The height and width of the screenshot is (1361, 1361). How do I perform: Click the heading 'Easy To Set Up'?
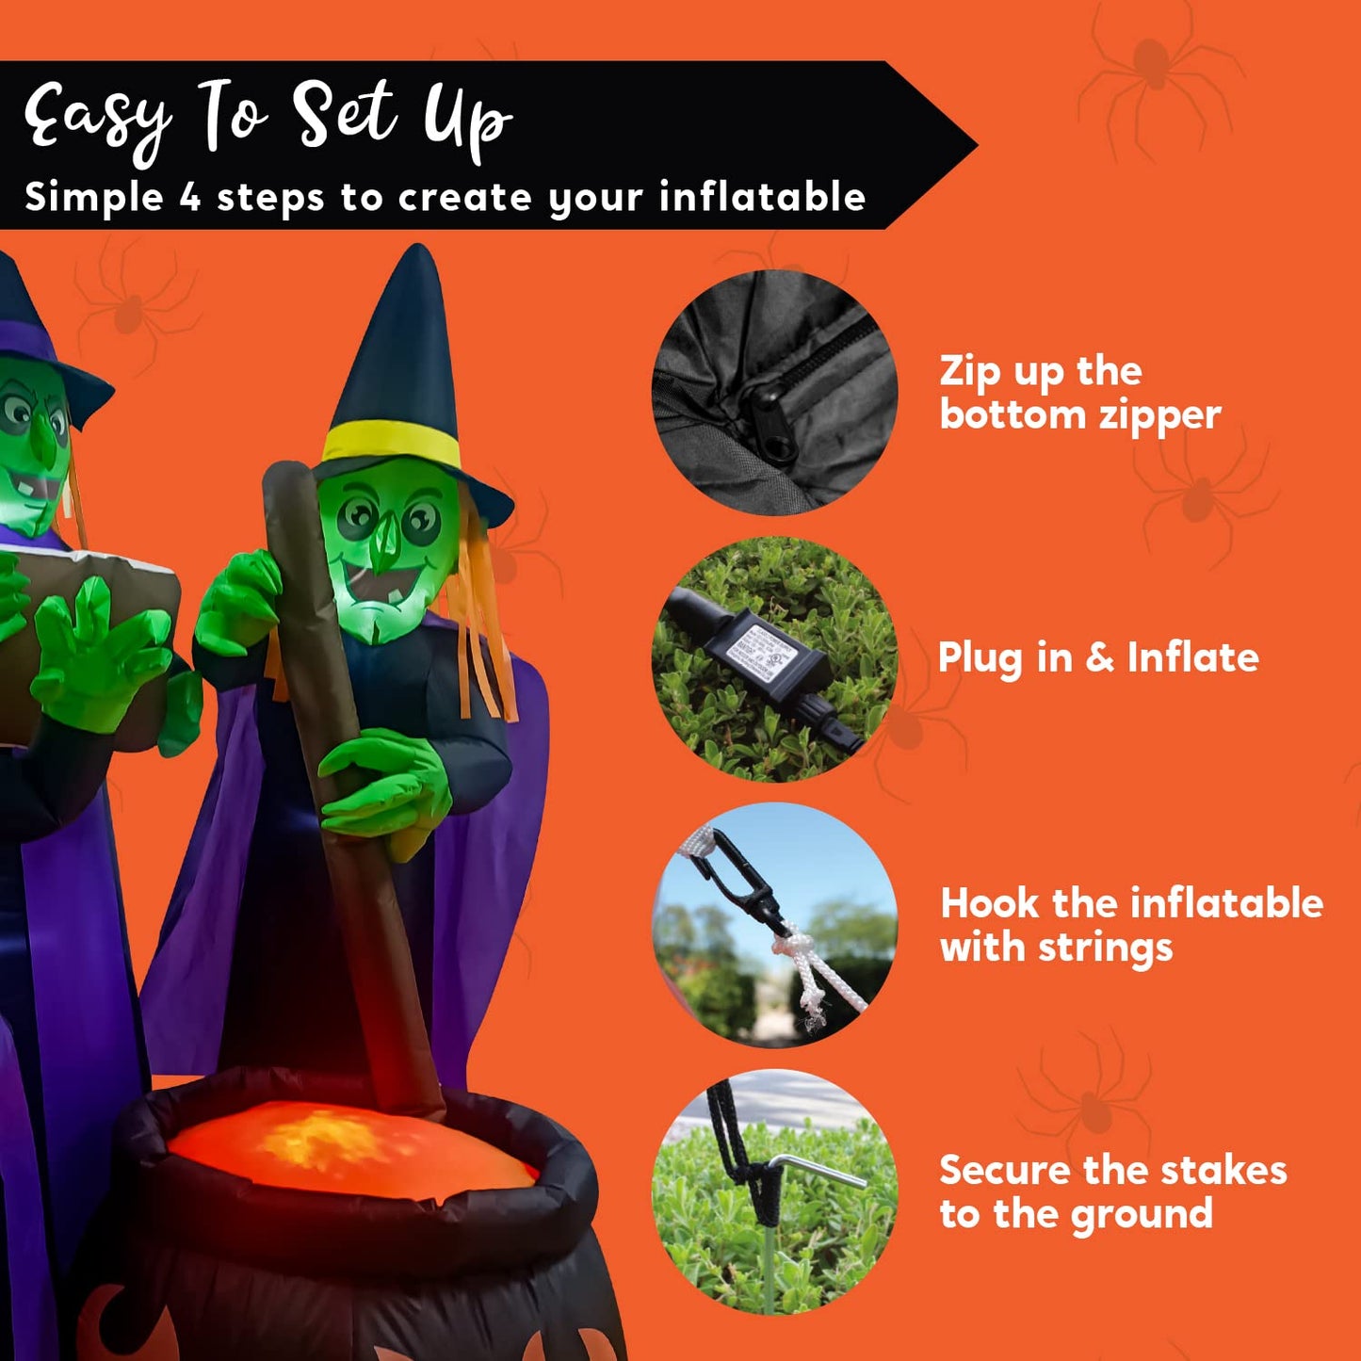pos(268,118)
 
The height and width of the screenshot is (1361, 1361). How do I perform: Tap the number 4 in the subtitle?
pos(190,198)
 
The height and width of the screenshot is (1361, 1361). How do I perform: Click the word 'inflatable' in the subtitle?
pos(762,198)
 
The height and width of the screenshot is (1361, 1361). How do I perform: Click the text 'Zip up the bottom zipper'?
pos(1079,393)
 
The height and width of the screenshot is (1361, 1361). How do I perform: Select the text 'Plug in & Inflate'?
pos(1098,657)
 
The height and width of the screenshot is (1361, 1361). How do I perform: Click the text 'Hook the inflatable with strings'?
pos(1131,925)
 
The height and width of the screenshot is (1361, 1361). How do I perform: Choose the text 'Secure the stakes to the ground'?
pos(1112,1191)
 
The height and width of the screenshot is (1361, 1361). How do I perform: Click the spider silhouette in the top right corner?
pos(1154,71)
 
